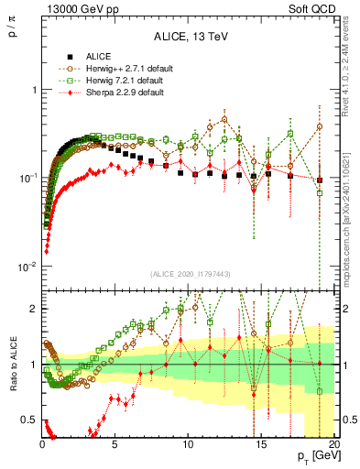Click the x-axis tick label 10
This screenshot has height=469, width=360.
[187, 445]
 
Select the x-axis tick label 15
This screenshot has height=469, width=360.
[260, 445]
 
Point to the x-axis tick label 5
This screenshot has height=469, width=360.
[115, 445]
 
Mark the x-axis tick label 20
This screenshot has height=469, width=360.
[333, 445]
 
